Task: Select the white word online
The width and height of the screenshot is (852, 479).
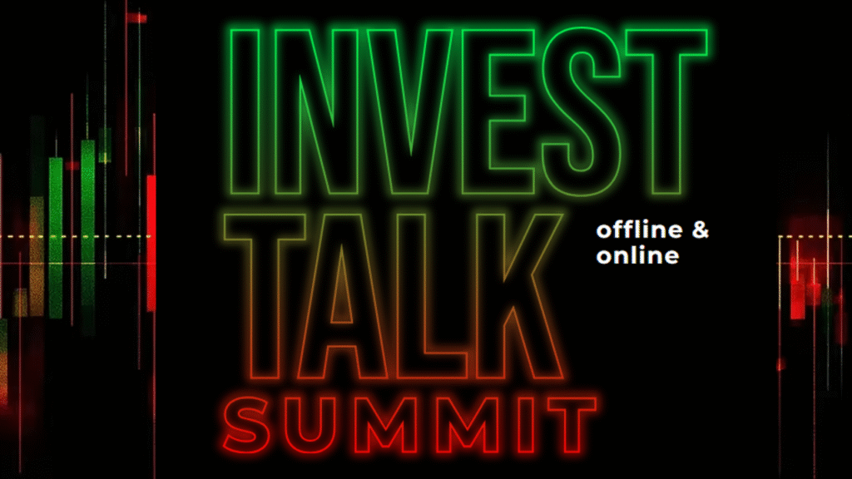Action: pyautogui.click(x=637, y=255)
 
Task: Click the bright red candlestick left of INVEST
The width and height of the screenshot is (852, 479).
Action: pyautogui.click(x=151, y=241)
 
